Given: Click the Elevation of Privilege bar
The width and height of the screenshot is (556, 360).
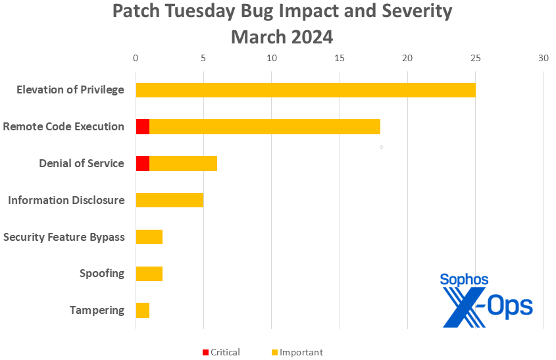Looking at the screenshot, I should pos(305,90).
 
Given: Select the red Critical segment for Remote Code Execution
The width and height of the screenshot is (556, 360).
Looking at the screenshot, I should pos(142,127).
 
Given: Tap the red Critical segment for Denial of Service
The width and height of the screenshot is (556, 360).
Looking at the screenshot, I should pos(142,164).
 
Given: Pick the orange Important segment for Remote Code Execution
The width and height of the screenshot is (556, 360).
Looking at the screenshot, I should pos(265,127).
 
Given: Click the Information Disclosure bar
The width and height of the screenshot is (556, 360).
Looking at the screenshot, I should pos(169,200).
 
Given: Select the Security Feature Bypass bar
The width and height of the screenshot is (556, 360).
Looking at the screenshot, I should pos(149,237).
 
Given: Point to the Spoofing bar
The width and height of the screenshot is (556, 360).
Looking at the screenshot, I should pos(149,274).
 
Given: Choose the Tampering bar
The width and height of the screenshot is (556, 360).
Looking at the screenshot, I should pos(142,310).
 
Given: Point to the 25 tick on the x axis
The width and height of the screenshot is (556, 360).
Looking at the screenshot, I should pos(475,58).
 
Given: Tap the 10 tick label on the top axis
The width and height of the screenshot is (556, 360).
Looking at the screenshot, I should pos(271,58).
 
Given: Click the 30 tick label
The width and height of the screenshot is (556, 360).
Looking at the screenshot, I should pos(543,58).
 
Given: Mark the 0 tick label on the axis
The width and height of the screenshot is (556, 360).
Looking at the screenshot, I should pos(136,58).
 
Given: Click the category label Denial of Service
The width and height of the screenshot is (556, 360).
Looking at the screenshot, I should pos(82,163).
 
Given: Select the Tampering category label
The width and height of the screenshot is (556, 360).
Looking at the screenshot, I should pos(97,310).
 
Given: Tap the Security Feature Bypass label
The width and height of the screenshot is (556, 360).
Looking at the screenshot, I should pos(64,237).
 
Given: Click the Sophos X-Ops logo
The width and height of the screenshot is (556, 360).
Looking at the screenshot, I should pos(486,299).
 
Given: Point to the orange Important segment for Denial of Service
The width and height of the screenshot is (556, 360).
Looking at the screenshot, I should pos(183,164).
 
